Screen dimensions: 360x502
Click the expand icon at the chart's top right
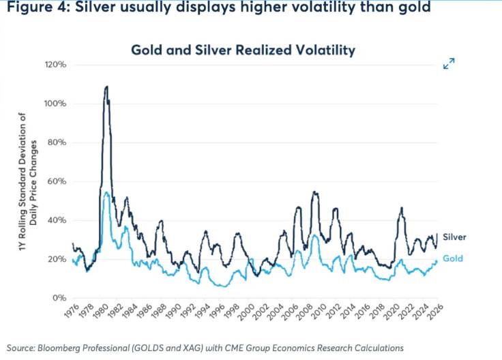[x=449, y=64]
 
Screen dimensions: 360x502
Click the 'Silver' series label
[x=454, y=237]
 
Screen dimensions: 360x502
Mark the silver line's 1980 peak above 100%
[x=106, y=87]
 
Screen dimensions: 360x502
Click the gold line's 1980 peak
[x=106, y=193]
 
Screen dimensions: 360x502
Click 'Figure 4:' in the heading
[x=34, y=10]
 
